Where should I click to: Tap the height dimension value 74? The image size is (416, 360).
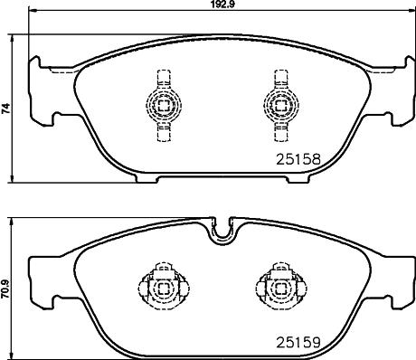pos(7,109)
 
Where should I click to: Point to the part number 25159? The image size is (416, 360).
pos(298,343)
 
